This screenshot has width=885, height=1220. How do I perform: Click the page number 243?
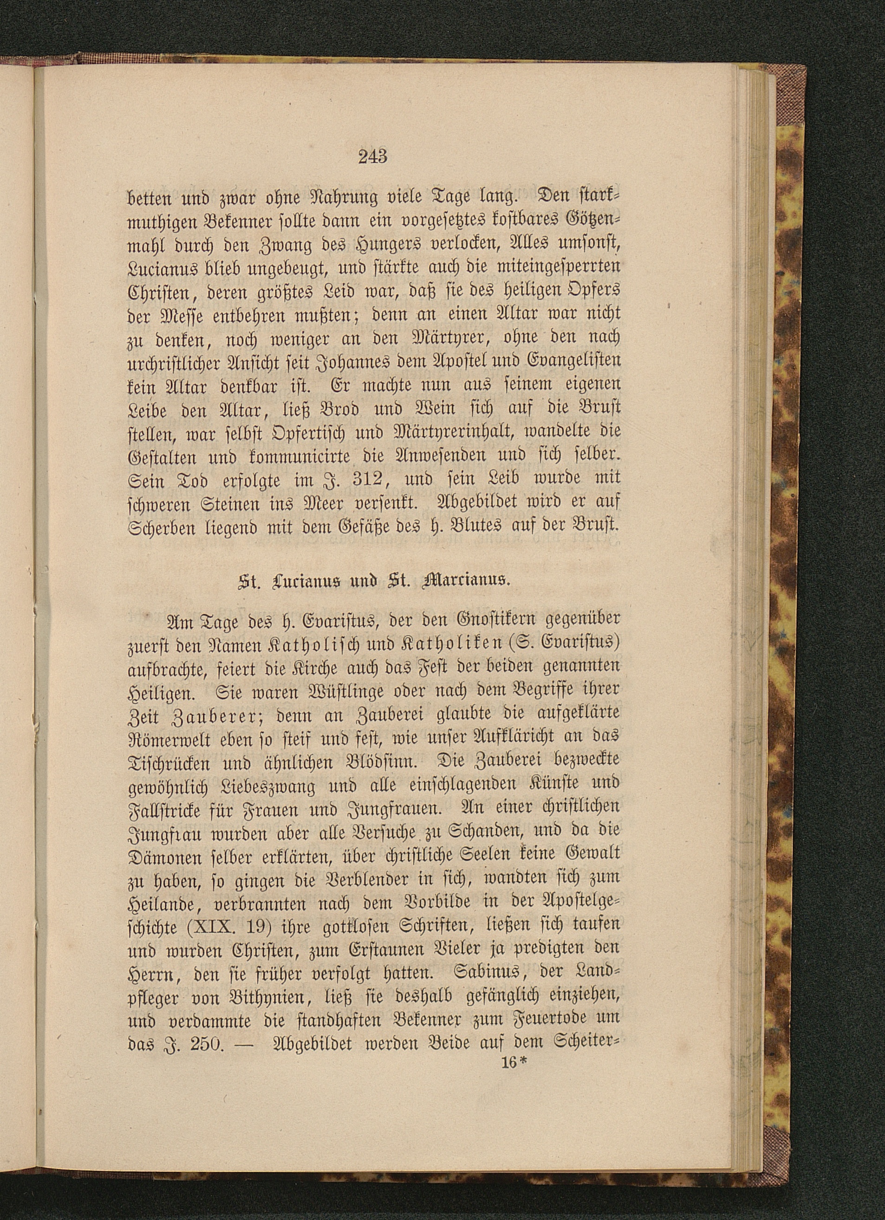coord(372,156)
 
